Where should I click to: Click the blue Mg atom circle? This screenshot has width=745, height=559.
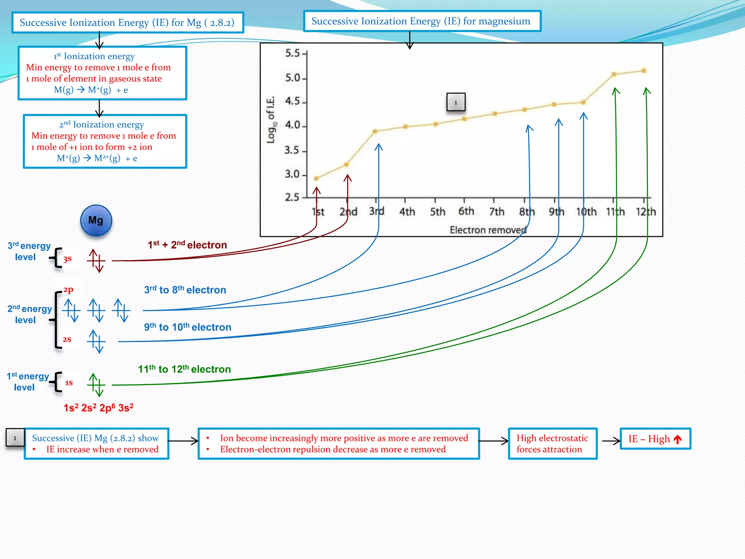point(96,221)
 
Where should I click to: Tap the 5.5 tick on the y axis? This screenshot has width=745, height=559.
point(293,53)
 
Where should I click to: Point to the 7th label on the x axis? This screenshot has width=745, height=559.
point(496,211)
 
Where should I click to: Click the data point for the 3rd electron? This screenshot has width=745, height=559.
point(375,131)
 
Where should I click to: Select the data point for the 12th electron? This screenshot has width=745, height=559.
point(644,71)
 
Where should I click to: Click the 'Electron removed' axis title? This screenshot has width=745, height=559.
point(488,230)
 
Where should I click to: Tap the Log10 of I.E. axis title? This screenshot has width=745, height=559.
point(271,120)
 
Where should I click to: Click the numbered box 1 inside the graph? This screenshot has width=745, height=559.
point(455,102)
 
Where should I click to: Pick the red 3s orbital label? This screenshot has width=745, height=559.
point(67,259)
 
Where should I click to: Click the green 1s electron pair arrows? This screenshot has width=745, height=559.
point(96,385)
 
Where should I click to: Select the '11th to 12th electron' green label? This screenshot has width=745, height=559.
point(184,369)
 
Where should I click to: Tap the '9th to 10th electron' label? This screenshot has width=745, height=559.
point(187,327)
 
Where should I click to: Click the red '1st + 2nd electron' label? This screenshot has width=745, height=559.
point(187,245)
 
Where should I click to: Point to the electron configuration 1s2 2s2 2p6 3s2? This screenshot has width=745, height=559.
point(98,408)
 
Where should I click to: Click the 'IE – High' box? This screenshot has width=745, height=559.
point(655,439)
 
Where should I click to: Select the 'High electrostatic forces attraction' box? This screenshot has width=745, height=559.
point(552,443)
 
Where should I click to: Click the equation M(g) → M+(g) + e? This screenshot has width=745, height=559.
point(91,90)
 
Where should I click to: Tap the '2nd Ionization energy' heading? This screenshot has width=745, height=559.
point(101,124)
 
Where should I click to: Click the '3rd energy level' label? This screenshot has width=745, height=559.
point(29,251)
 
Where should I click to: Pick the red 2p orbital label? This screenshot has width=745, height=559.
point(68,290)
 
